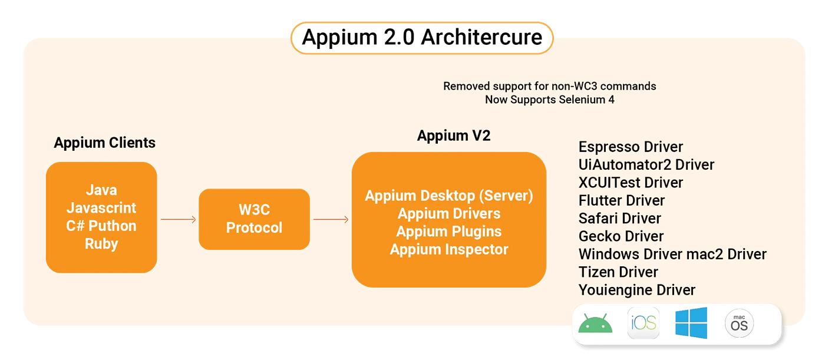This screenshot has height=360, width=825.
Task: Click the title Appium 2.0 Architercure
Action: coord(422,38)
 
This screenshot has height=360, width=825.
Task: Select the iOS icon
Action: coord(643,323)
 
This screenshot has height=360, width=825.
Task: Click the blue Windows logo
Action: coord(691,323)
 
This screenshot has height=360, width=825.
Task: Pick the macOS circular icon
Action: coord(739,323)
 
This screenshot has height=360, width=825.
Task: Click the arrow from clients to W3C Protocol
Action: coord(178,220)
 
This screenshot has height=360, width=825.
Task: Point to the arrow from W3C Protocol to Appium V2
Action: coord(331,220)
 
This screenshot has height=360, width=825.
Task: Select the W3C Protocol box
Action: coord(254,219)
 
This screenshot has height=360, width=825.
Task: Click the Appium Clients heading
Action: coord(105,143)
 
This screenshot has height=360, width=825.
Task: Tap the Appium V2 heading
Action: coord(454,136)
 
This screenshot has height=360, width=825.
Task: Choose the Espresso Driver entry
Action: coord(631,147)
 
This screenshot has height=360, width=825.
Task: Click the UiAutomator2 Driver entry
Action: coord(646,164)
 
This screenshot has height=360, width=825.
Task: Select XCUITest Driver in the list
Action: coord(631,183)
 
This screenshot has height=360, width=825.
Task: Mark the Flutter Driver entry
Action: coord(622,200)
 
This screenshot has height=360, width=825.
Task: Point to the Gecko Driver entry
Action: coord(621,236)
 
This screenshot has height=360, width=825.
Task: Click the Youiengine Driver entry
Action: coord(637,290)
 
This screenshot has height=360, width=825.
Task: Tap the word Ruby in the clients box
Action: coord(101,244)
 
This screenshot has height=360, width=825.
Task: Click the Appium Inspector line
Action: coord(449,249)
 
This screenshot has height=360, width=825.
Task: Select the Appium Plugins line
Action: coord(449,232)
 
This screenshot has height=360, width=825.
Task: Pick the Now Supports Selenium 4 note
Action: coord(549,100)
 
